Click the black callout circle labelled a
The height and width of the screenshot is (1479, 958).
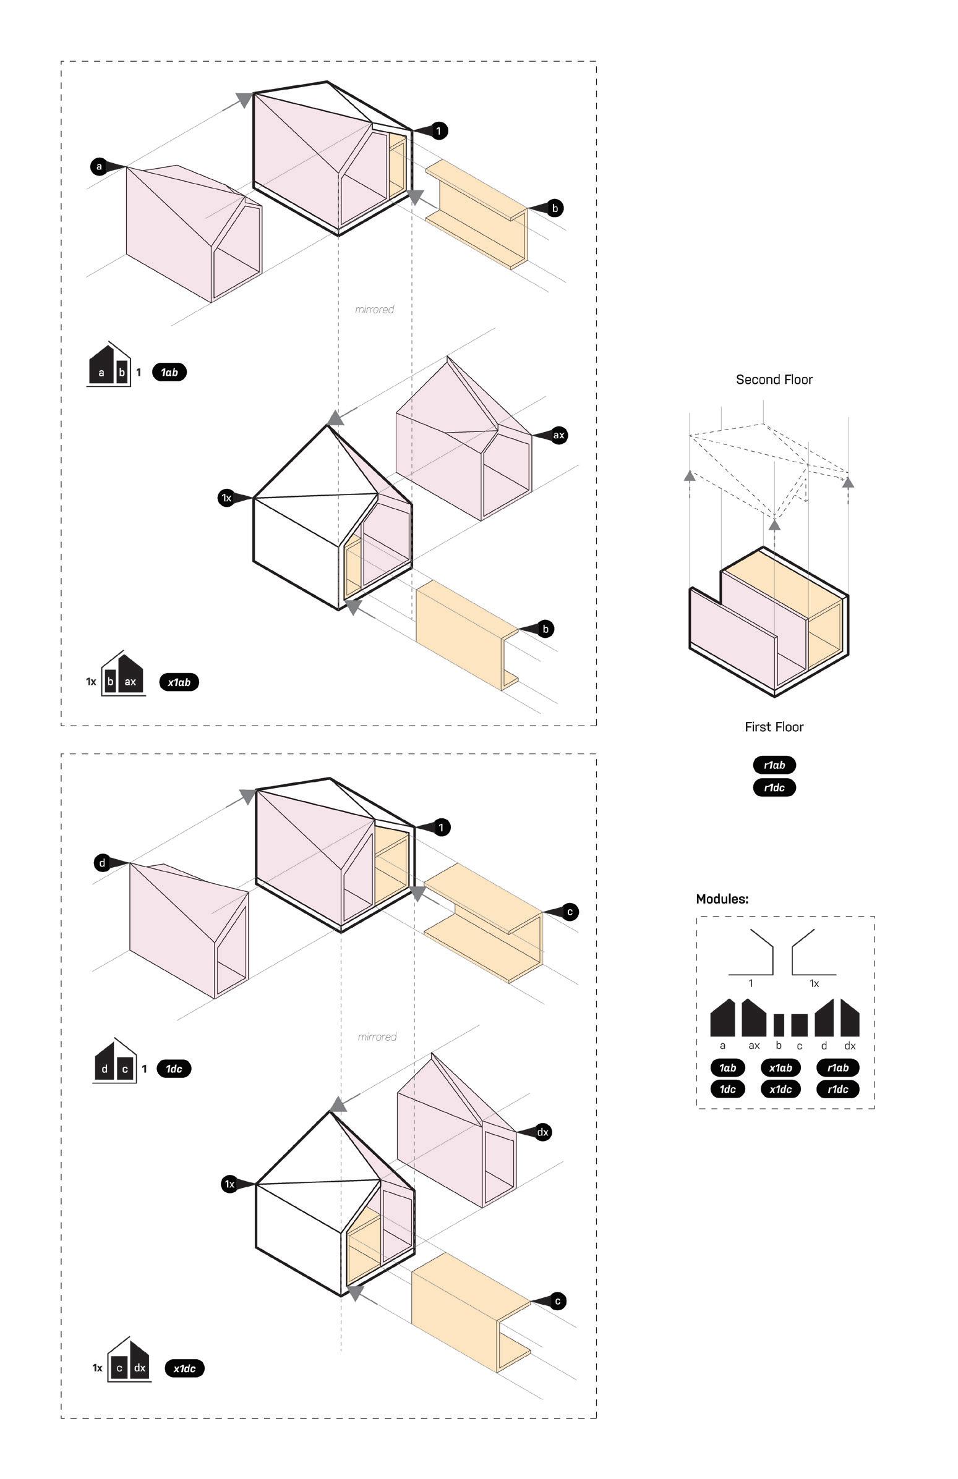(99, 166)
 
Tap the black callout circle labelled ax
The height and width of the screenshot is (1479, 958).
(558, 435)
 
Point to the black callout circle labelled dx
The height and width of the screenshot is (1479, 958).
(543, 1132)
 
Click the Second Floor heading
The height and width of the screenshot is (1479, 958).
(774, 379)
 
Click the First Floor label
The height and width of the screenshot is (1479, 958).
(774, 727)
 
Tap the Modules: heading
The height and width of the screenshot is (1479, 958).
(722, 899)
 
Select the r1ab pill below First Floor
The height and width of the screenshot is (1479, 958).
(774, 765)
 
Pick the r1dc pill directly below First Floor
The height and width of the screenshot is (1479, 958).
(774, 787)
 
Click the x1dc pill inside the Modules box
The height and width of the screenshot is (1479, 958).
(781, 1090)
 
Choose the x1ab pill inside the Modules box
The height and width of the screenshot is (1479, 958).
(781, 1067)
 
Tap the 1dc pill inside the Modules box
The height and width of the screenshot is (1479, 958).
(727, 1090)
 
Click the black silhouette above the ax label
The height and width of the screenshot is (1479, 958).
(753, 1018)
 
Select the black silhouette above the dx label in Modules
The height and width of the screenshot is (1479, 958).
(850, 1018)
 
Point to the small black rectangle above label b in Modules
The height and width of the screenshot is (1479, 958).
(778, 1025)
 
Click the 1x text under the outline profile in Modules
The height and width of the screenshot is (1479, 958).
(814, 984)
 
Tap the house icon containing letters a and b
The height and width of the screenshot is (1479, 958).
(110, 366)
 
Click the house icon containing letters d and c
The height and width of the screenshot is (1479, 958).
(115, 1062)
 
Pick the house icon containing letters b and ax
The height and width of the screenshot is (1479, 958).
(122, 674)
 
